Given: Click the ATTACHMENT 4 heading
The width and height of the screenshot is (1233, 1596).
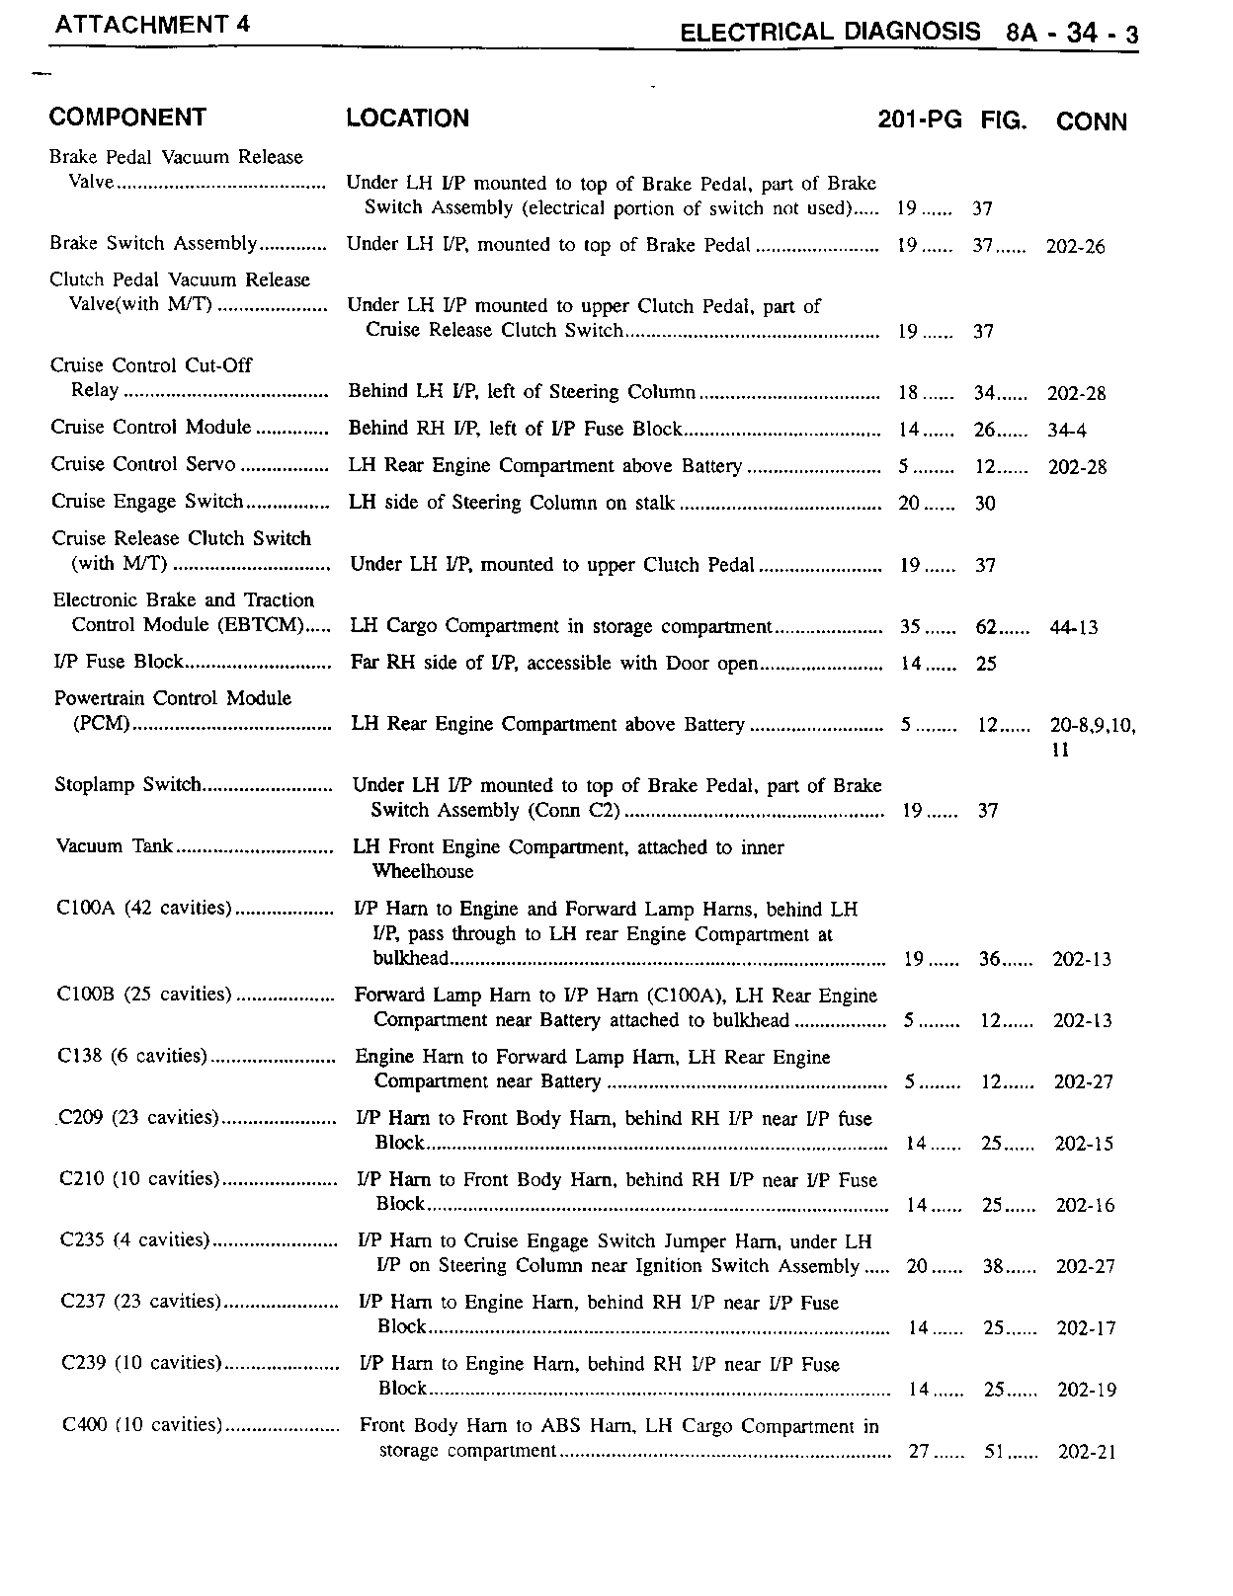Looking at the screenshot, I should (151, 25).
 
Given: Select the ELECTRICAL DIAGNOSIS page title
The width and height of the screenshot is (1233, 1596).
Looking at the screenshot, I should (830, 33).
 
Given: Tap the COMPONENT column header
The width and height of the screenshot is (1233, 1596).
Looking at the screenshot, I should (127, 118).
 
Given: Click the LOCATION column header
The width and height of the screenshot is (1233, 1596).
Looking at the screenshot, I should (407, 119).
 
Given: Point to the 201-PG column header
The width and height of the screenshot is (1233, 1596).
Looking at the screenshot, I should (919, 120).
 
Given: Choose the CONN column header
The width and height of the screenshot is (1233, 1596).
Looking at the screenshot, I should (1091, 121).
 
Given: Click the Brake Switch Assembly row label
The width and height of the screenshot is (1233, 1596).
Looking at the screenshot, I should (153, 244).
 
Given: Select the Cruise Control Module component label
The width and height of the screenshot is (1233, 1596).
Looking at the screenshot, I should (151, 428).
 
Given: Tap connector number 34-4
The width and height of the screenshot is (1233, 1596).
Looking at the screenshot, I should (1067, 431).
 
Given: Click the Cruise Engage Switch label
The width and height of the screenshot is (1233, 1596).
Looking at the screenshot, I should (147, 502).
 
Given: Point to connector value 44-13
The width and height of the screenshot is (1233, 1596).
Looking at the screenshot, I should (1073, 628).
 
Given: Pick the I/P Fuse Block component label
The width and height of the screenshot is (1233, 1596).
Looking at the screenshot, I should (119, 662).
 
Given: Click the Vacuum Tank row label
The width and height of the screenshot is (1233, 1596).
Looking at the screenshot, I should (115, 846).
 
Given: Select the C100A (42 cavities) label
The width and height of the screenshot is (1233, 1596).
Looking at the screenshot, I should (144, 909).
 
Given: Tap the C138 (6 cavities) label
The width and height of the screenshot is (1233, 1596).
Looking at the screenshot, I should (132, 1057).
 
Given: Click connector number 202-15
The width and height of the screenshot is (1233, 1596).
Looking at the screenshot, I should (1084, 1144).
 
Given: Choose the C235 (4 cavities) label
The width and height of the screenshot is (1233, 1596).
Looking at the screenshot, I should (134, 1240).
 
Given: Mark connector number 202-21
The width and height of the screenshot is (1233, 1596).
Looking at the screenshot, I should (1087, 1453).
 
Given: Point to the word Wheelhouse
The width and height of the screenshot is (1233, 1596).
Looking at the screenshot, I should (423, 872).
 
